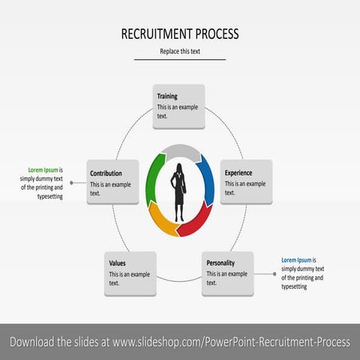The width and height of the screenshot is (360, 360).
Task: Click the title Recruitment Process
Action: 180,34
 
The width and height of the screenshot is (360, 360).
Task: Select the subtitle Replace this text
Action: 180,51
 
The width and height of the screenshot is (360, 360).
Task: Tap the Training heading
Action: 167,97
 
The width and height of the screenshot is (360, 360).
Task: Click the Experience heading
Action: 238,172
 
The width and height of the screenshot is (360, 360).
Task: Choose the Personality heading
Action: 221,263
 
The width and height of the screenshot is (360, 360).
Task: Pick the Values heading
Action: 118,263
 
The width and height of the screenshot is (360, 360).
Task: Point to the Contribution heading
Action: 106,173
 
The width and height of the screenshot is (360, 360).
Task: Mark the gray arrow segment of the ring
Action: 180,150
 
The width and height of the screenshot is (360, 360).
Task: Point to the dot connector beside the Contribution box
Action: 72,182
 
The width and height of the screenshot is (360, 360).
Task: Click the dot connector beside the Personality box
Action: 274,274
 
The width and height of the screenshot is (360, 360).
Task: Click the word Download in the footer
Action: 34,342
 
